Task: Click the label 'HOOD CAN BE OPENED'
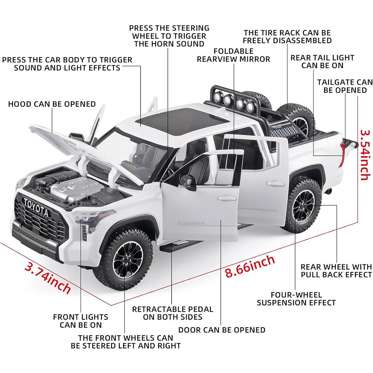pos(52,104)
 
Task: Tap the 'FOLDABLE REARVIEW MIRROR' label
pos(233,55)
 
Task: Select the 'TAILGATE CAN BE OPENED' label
pos(345,86)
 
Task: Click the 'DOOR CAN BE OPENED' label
pos(222,330)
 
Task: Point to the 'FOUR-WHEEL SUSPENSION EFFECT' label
pos(296,298)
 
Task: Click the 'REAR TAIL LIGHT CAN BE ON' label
pos(322,62)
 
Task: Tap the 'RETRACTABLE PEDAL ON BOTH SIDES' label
pos(173,313)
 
